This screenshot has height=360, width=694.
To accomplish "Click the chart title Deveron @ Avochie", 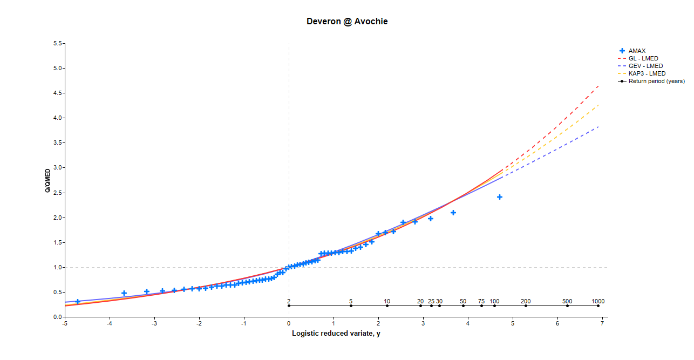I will [347, 22].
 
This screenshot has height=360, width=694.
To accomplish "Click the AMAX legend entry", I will [637, 51].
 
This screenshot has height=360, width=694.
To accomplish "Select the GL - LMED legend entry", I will [643, 58].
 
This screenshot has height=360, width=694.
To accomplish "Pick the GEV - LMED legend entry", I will [645, 66].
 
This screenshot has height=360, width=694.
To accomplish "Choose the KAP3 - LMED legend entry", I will [647, 73].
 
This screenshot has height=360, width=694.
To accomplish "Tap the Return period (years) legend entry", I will [656, 81].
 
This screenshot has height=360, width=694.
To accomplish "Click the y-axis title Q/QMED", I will [47, 180].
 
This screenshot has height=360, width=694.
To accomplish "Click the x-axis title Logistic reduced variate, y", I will [336, 334].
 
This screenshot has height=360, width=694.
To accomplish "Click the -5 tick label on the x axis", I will [65, 324].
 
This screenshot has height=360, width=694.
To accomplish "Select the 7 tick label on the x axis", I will [602, 324].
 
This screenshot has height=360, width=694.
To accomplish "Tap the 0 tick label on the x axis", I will [289, 324].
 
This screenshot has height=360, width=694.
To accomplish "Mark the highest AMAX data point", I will [500, 197].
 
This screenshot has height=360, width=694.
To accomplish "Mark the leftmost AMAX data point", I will [78, 302].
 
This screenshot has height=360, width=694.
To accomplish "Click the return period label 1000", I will [598, 301].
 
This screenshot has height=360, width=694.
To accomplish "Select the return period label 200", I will [526, 301].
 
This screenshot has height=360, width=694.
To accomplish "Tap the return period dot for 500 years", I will [567, 306].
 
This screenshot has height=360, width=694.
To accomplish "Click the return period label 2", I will [289, 301].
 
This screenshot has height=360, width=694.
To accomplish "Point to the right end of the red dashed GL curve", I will [598, 86].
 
